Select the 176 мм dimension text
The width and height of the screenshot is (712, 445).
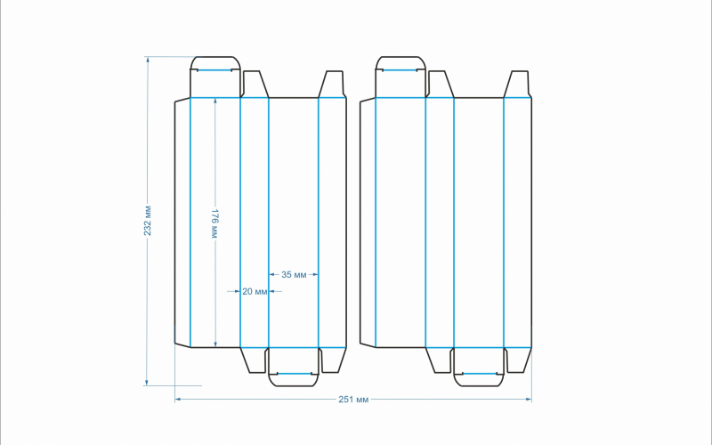pos(214,223)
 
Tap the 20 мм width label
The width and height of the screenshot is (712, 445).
pos(254,291)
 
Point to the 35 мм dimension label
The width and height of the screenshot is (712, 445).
pos(294,275)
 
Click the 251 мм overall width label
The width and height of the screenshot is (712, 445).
pos(353,400)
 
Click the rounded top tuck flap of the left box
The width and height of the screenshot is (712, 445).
pos(215,77)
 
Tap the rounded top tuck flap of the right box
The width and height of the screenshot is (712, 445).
pos(400,77)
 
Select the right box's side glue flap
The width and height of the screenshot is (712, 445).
pos(368,222)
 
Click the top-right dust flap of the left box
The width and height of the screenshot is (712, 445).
pos(333,85)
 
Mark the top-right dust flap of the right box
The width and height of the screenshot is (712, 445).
pos(518,85)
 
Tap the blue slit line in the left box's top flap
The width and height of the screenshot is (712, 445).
pos(215,69)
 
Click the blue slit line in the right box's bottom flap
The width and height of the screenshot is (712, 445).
pos(479,374)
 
